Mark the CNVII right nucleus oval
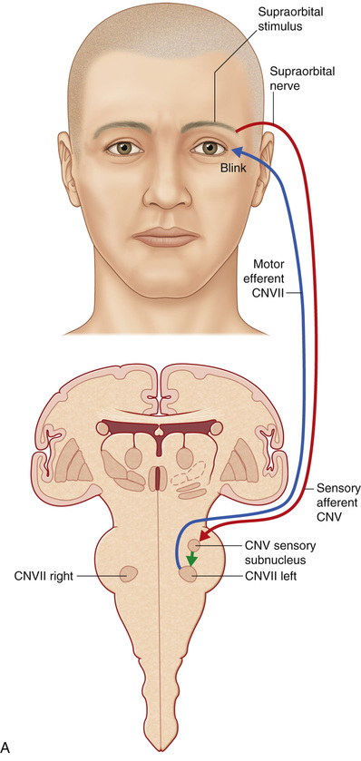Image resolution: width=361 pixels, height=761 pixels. (127, 574)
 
